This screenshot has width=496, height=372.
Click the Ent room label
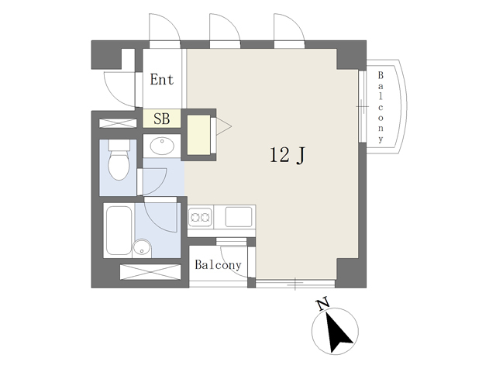162,79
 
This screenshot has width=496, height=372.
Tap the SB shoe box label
162,119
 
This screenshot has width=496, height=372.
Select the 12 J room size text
288,155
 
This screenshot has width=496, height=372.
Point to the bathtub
119,231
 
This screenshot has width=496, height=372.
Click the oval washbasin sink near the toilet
162,146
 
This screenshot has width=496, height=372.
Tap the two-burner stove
200,217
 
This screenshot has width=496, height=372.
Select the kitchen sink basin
239,217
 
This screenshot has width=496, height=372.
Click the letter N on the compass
323,305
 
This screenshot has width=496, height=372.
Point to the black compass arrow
338,332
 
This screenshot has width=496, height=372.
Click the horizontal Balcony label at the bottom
218,265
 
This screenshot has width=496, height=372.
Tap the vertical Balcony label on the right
381,107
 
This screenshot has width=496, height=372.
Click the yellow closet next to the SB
198,135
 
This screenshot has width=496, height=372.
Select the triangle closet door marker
224,126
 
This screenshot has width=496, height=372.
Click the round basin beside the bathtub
142,248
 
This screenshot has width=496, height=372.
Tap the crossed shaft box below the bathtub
150,272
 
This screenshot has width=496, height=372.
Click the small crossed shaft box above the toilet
118,123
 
